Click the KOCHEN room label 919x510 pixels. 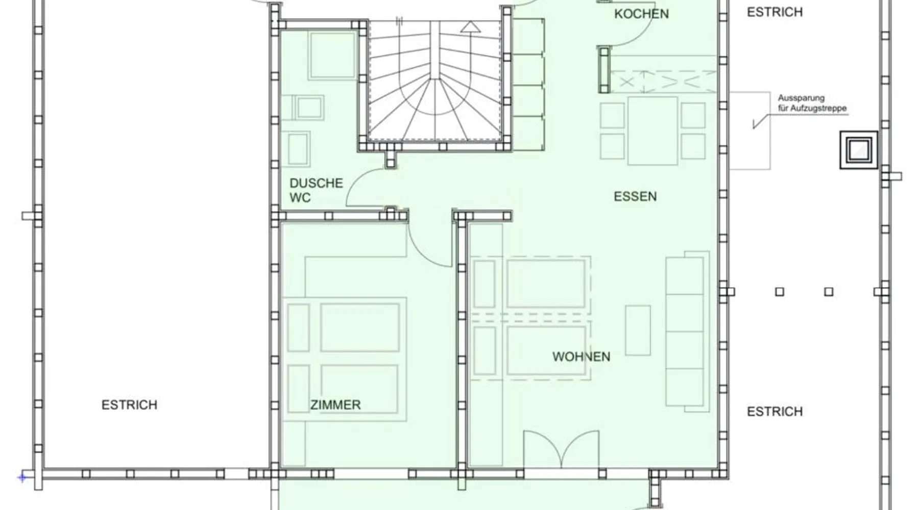[641, 14]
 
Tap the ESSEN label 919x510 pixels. [635, 196]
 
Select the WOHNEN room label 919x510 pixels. [581, 356]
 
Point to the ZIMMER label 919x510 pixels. [335, 405]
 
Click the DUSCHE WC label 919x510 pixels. [316, 190]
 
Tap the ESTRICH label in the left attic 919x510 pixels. [129, 405]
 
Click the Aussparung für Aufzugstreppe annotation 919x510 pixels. [812, 103]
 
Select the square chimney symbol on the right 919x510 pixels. [859, 150]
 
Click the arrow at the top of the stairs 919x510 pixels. [470, 27]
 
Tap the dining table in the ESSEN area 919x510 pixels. [652, 131]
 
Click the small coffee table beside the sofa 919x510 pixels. [638, 330]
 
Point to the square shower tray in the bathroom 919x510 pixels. [332, 55]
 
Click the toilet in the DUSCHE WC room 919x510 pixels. [298, 148]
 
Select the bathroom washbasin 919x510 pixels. [308, 108]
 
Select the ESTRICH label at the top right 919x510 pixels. [775, 12]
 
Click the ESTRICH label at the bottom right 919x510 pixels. [775, 412]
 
